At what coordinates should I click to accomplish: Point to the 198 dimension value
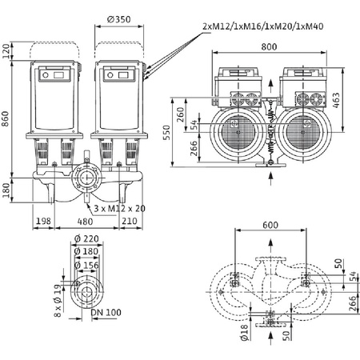[43, 221]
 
